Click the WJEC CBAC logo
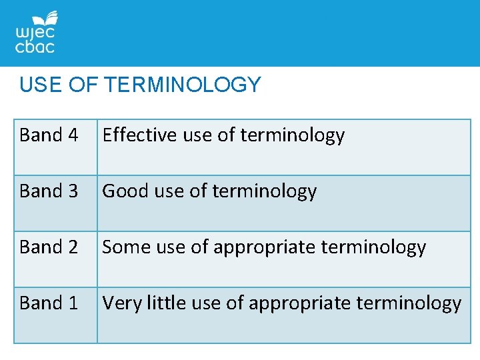click(35, 34)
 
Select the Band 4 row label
click(49, 135)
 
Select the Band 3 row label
click(49, 191)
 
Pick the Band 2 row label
click(49, 247)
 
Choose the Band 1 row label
click(49, 303)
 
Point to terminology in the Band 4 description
click(292, 136)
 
